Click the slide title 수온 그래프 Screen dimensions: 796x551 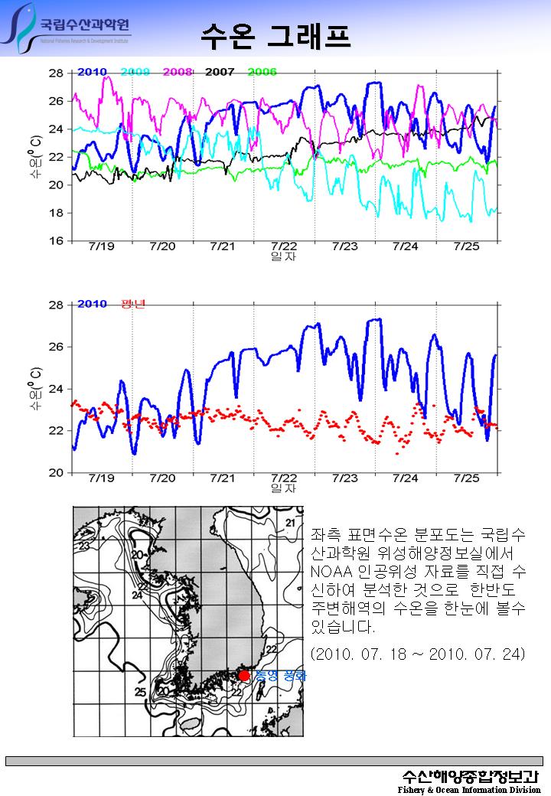[275, 34]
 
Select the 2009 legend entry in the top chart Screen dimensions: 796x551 [135, 72]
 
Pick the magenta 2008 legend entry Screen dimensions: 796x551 [178, 72]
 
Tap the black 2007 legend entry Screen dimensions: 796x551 [220, 72]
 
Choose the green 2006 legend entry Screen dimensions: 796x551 [262, 72]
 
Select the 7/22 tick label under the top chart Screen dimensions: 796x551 [284, 246]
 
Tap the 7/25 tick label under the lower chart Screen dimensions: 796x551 [466, 478]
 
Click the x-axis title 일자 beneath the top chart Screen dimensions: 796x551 [284, 256]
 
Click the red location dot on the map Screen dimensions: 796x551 [244, 675]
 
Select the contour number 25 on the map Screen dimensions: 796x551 [141, 693]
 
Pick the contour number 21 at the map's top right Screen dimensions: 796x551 [289, 523]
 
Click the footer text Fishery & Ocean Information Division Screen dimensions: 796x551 [469, 790]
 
